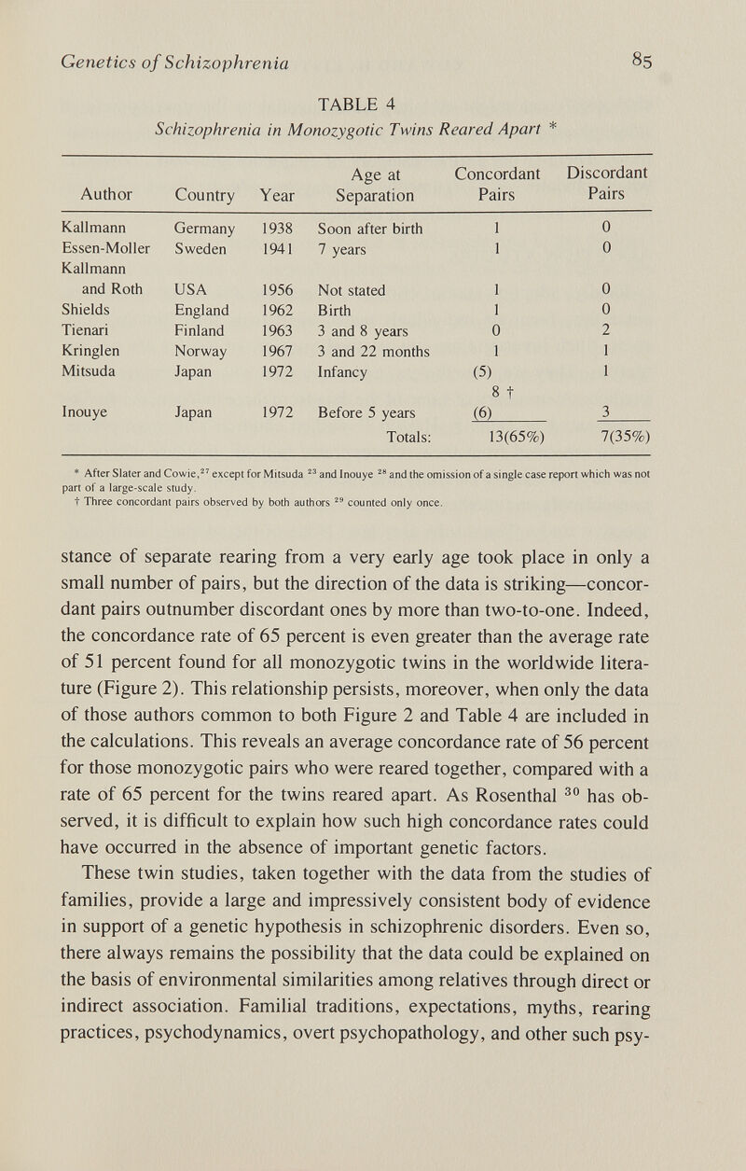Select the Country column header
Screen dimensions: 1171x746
[205, 195]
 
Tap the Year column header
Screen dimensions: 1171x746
[277, 195]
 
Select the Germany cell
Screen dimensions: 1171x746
[204, 229]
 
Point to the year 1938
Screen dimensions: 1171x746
[277, 229]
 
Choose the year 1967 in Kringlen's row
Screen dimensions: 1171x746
[277, 350]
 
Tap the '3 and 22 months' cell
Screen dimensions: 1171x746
[373, 350]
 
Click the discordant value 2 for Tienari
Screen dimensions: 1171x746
[605, 328]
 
